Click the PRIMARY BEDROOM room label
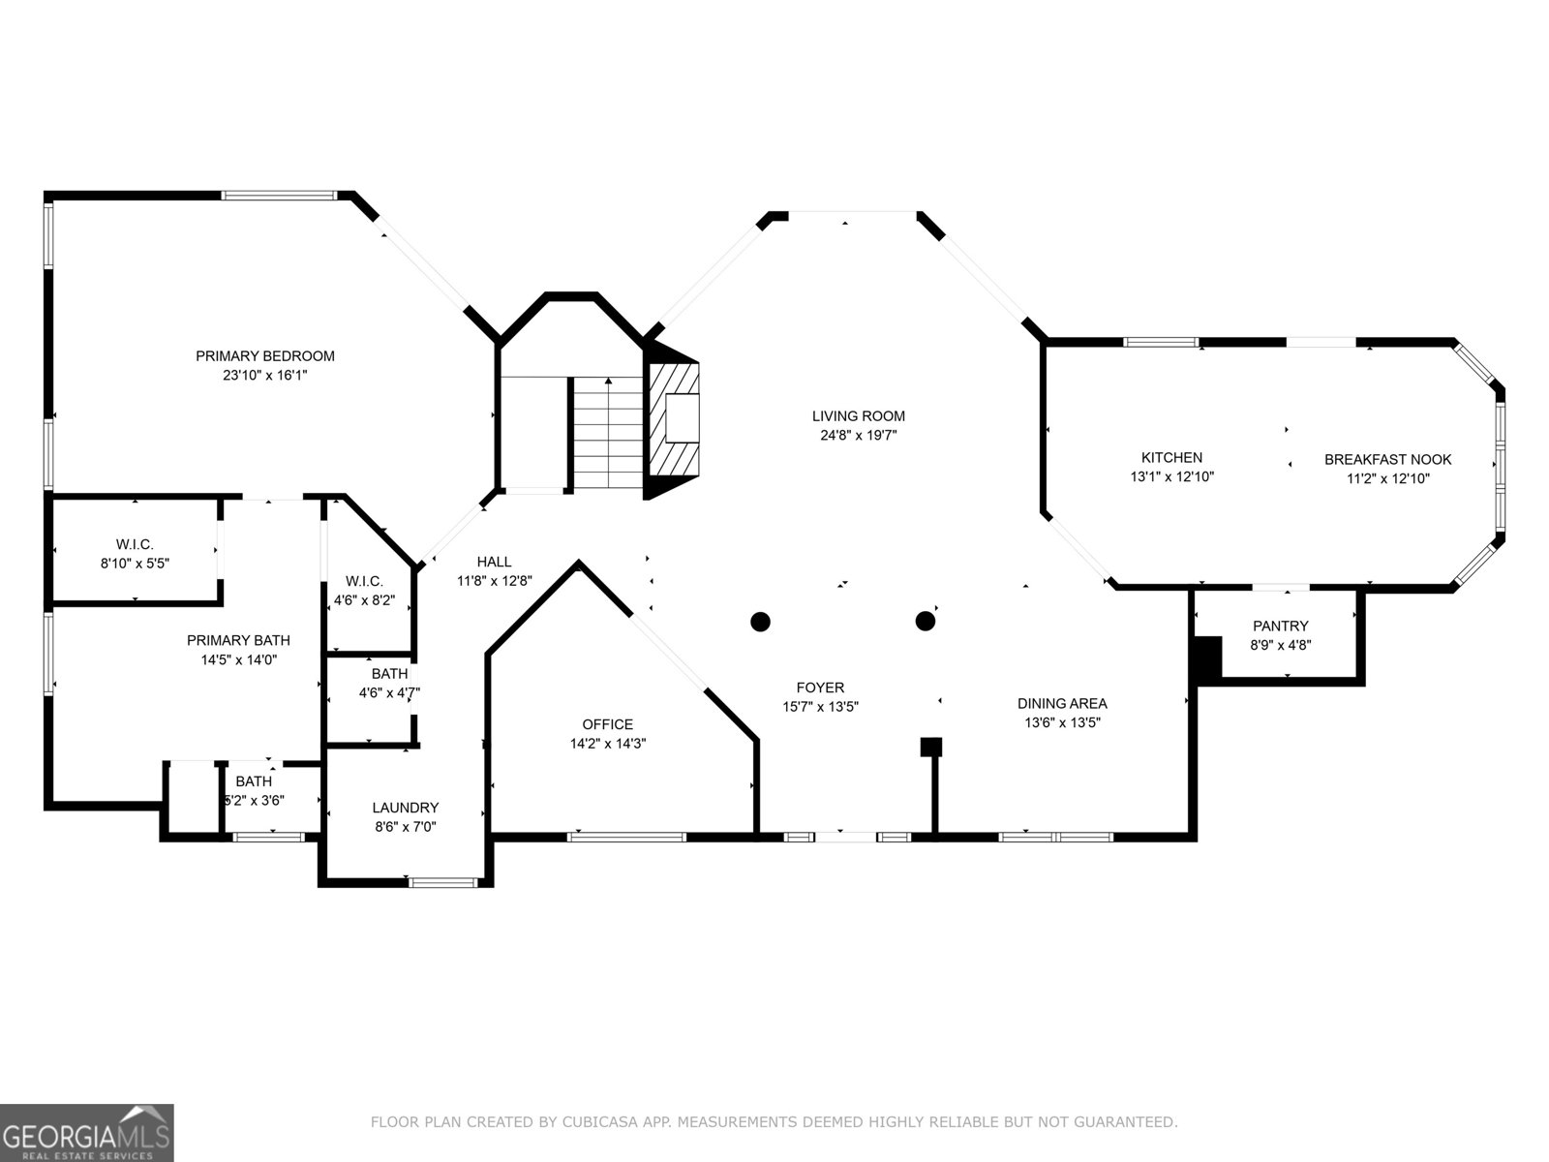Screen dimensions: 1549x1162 264,356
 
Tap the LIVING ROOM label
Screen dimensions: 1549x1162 858,416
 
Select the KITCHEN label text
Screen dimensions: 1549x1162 1171,457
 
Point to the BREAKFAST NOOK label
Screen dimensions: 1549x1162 1387,459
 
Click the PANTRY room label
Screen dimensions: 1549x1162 1280,626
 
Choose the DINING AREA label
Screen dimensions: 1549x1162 1062,703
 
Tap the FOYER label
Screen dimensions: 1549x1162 820,688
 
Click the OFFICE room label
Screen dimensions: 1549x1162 608,724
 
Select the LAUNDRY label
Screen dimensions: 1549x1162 405,808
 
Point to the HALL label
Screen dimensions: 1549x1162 494,562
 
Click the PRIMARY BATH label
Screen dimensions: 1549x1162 238,640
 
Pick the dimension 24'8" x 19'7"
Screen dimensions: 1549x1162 858,436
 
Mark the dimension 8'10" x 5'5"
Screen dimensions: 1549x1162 135,563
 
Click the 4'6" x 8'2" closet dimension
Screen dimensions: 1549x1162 364,600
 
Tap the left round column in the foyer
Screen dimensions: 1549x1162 760,622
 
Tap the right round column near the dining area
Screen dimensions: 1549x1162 926,621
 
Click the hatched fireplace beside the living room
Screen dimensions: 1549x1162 673,420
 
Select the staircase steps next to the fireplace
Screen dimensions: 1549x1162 608,433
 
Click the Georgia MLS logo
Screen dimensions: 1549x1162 86,1132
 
